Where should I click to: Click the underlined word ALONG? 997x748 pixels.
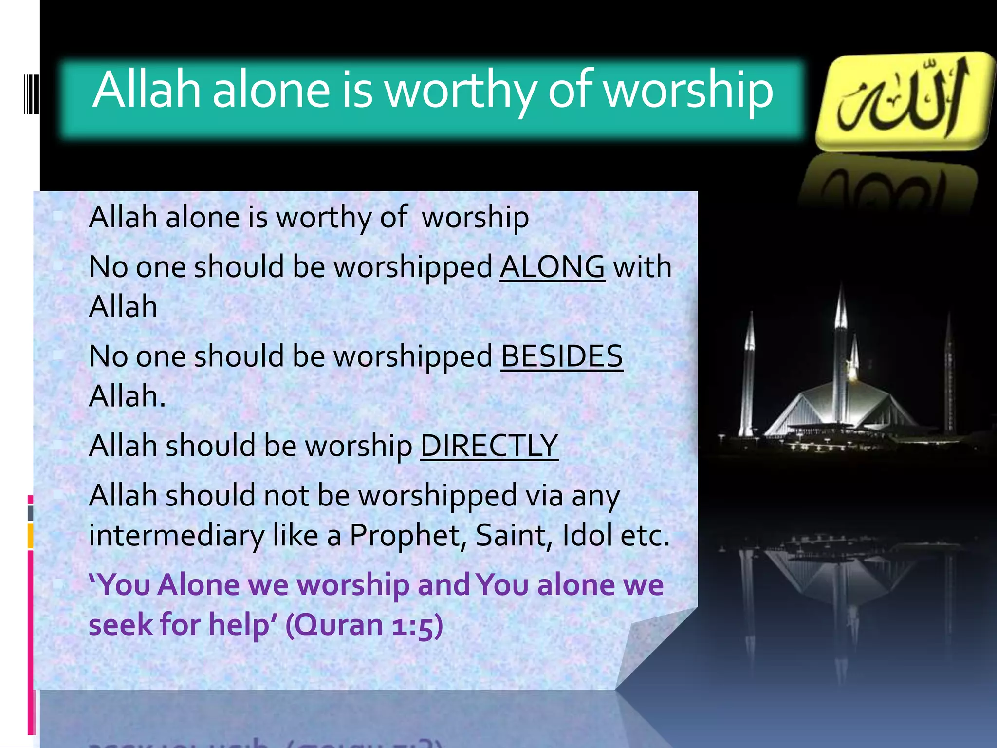(552, 267)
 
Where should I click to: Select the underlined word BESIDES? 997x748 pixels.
(562, 356)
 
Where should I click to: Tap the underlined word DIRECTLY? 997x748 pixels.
(489, 446)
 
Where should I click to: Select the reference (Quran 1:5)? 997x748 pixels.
(364, 625)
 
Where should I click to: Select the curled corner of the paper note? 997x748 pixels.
(652, 648)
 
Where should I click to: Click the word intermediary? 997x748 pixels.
(176, 536)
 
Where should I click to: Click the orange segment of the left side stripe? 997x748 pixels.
(30, 536)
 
